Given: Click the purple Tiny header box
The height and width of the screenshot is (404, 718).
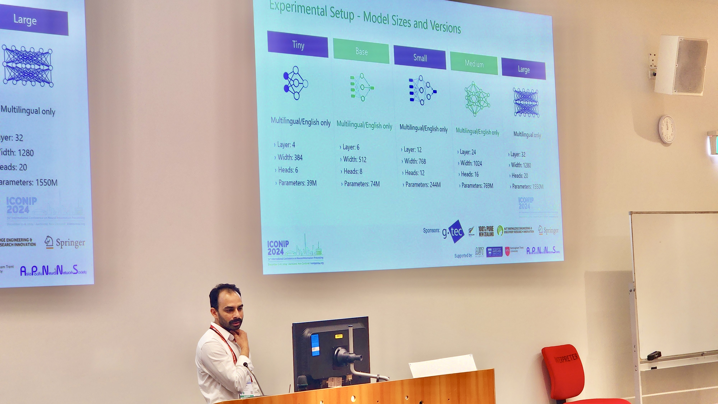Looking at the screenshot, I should [x=298, y=44].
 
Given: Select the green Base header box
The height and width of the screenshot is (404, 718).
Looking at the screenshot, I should [x=361, y=51].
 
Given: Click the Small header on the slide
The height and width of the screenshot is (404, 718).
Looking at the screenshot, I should [x=420, y=58].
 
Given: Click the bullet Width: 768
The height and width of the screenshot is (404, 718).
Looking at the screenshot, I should [x=415, y=161].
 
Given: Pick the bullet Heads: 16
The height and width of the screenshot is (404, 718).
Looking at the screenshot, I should [x=469, y=174].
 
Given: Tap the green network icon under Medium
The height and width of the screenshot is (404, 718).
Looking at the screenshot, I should [x=477, y=99].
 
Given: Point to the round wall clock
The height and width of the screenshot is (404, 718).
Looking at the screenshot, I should [x=667, y=129].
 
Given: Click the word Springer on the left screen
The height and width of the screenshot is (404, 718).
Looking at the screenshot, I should [x=70, y=243].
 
